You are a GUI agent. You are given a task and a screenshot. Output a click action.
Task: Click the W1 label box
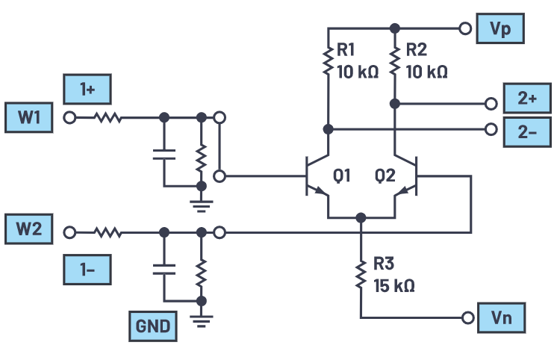(29, 118)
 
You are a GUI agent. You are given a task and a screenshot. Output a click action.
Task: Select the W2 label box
(29, 229)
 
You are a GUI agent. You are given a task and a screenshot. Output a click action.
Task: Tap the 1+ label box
(87, 89)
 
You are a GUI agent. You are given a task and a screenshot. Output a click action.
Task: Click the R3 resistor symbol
(361, 274)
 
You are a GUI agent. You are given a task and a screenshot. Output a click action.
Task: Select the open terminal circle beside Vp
(466, 29)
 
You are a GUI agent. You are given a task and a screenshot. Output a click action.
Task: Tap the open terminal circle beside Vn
(468, 318)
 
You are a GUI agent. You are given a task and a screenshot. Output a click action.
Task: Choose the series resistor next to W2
(109, 233)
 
